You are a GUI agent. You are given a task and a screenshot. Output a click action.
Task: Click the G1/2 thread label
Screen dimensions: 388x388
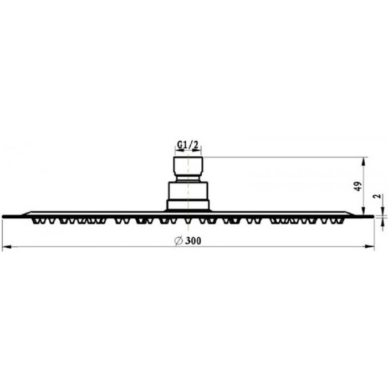(x=188, y=145)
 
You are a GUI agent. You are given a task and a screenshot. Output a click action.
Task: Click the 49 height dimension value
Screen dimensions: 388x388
(x=358, y=186)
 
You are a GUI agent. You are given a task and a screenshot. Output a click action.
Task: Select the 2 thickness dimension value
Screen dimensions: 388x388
(x=377, y=196)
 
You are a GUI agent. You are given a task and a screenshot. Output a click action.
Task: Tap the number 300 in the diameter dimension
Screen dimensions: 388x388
(x=193, y=241)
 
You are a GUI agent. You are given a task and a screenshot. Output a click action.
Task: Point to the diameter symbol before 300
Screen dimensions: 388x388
(x=178, y=241)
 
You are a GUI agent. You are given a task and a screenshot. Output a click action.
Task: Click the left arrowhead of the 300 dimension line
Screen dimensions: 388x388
(x=7, y=247)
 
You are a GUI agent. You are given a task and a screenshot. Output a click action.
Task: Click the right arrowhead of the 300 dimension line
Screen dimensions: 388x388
(x=370, y=247)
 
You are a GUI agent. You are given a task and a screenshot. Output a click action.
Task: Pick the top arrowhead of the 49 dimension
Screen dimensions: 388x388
(x=363, y=162)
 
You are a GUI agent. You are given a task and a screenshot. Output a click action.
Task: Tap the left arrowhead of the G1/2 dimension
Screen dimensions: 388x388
(x=179, y=150)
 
